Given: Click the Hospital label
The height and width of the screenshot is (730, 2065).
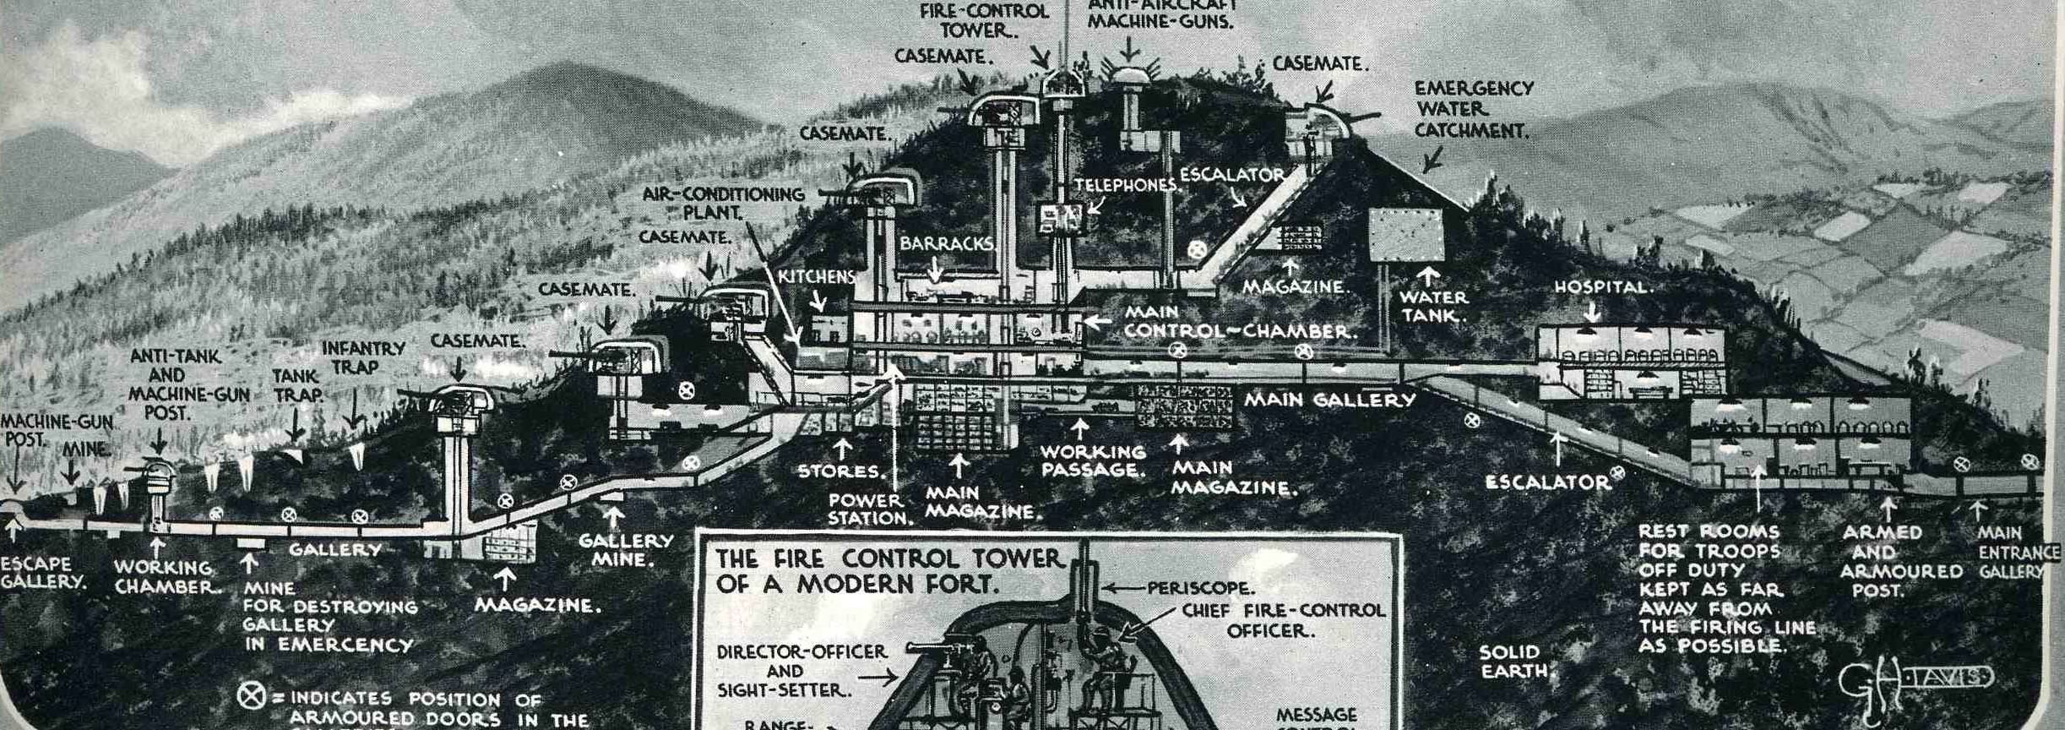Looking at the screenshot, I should click(1602, 287).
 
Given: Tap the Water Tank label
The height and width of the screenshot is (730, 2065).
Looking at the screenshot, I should click(1433, 307).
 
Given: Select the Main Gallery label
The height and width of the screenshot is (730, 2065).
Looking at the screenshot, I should click(1329, 400).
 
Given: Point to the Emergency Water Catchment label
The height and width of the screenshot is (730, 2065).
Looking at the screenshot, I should click(1472, 110).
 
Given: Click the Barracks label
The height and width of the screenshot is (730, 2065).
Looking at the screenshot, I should click(946, 243).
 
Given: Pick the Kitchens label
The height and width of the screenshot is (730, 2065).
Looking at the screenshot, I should click(817, 277).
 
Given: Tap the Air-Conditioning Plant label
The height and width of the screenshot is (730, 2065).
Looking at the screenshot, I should click(723, 203).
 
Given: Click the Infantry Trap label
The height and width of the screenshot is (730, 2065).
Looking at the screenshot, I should click(363, 357).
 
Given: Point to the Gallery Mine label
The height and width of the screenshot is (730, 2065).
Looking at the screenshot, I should click(625, 550).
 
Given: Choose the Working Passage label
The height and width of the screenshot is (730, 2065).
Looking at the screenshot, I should click(1093, 461).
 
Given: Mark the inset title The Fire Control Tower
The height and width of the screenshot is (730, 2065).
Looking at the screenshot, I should click(887, 570).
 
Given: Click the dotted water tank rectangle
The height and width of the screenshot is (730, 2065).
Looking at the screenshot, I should click(1406, 234).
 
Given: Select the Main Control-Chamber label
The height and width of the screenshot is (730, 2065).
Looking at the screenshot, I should click(1237, 322).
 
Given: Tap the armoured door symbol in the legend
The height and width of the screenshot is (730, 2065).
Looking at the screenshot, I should click(250, 695).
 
